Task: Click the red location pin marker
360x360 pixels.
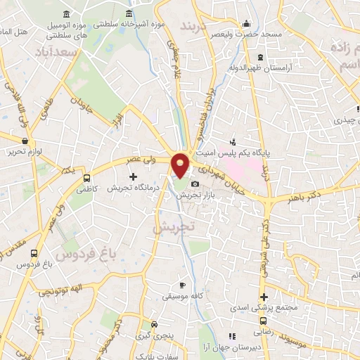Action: [x=181, y=165]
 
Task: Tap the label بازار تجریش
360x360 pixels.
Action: [x=189, y=193]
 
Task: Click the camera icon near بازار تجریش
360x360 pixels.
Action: [x=195, y=184]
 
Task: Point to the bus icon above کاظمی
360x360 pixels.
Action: [x=87, y=178]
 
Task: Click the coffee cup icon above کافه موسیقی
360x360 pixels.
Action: [x=183, y=285]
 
